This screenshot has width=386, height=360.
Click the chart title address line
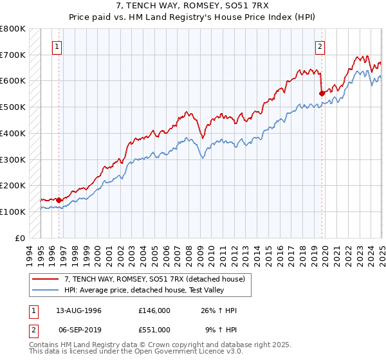pyautogui.click(x=192, y=5)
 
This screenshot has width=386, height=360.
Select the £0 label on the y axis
pyautogui.click(x=20, y=237)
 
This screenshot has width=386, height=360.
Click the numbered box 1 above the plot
pyautogui.click(x=57, y=46)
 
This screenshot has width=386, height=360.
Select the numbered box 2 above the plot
pyautogui.click(x=320, y=46)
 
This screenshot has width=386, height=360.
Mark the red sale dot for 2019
pyautogui.click(x=322, y=93)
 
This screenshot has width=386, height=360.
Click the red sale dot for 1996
pyautogui.click(x=59, y=199)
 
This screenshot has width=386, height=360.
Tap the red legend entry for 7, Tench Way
pyautogui.click(x=154, y=279)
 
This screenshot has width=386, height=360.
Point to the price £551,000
pyautogui.click(x=154, y=329)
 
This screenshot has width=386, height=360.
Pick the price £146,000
pyautogui.click(x=154, y=311)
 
